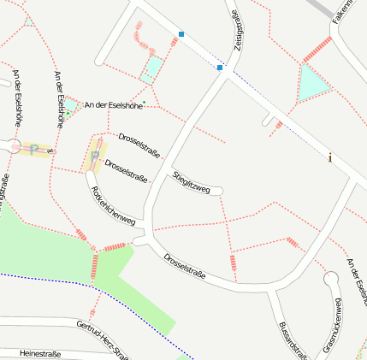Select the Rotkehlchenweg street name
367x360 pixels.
click(x=113, y=206)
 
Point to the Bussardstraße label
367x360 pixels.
click(x=293, y=340)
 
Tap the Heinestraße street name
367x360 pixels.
click(x=39, y=352)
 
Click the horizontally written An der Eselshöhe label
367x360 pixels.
click(x=113, y=105)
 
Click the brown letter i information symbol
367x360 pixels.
click(x=330, y=157)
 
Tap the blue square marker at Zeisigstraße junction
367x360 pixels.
click(x=220, y=67)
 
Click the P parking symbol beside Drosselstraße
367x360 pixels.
click(x=94, y=156)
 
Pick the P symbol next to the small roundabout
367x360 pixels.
click(x=35, y=150)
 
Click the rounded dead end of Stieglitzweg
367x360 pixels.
click(x=219, y=191)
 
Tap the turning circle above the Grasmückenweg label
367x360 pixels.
click(x=332, y=278)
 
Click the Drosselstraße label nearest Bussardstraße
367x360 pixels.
click(x=185, y=265)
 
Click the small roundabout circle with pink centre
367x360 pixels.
click(x=15, y=147)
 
